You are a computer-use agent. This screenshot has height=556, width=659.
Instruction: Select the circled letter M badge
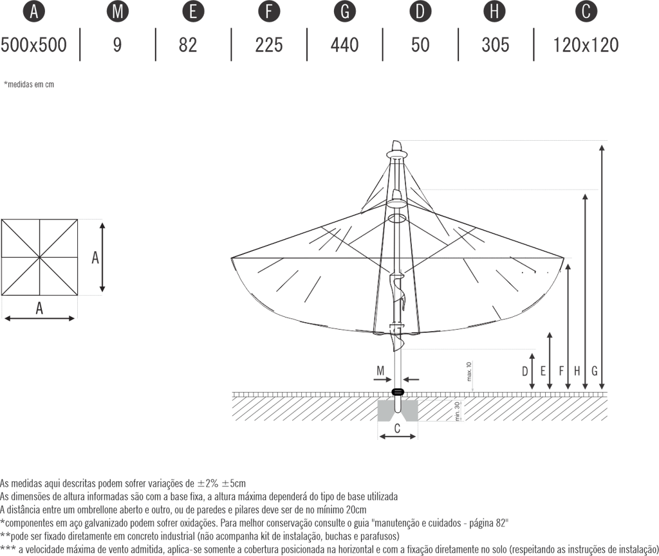coord(116,12)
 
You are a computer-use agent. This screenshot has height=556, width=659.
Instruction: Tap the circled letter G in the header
coord(345,12)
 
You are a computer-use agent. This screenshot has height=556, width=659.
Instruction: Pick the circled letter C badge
coord(585,12)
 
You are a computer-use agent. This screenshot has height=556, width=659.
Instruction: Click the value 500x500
coord(33,44)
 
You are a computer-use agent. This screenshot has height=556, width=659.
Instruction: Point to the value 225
coord(269,44)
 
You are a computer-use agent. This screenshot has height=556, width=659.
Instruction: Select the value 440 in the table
coord(345,44)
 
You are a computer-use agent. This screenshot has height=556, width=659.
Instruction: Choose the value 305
coord(496,44)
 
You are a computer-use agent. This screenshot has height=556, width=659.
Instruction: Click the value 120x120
coord(585,44)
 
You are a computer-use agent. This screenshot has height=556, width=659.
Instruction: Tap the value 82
coord(188,44)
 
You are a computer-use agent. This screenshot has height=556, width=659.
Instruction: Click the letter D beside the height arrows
coord(525,371)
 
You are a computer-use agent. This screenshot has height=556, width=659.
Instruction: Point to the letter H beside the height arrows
coord(577,371)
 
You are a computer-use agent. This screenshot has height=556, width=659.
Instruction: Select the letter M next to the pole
coord(381,371)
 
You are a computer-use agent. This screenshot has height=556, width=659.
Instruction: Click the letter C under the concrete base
coord(398,427)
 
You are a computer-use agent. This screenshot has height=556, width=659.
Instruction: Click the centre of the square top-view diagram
coord(39,257)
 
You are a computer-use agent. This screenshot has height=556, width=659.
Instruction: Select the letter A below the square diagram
coord(39,309)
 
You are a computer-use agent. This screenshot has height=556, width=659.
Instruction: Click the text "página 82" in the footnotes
coord(487,523)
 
